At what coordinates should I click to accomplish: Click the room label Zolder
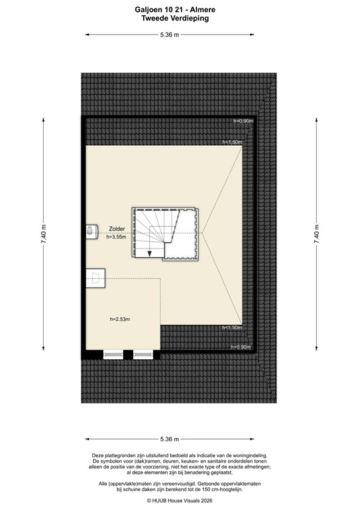pos(117,229)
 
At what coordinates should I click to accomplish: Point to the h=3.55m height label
pos(117,238)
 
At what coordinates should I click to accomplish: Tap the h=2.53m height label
pos(120,320)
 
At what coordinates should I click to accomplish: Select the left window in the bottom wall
pos(113,354)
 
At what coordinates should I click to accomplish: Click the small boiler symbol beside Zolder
pos(90,231)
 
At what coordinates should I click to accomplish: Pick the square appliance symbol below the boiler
pos(96,275)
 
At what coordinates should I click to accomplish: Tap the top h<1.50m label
pos(232,142)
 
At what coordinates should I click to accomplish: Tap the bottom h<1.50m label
pos(232,327)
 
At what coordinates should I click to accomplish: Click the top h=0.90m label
pos(243,121)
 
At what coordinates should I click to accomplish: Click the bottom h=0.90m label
pos(240,347)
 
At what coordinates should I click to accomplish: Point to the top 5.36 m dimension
pos(169,35)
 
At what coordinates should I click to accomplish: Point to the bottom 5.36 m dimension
pos(169,439)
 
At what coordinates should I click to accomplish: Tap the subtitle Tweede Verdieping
pos(175,19)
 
